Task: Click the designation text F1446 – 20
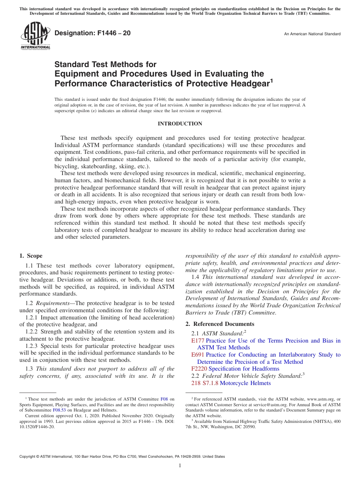pos(92,33)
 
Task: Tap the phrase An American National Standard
pos(312,34)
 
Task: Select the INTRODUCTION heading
pos(180,124)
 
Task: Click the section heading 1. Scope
pos(31,256)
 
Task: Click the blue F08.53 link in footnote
pos(59,410)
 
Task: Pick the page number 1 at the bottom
pos(180,465)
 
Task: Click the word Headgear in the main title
pos(249,83)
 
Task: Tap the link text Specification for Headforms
pos(244,369)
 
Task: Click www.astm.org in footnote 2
pos(318,399)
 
